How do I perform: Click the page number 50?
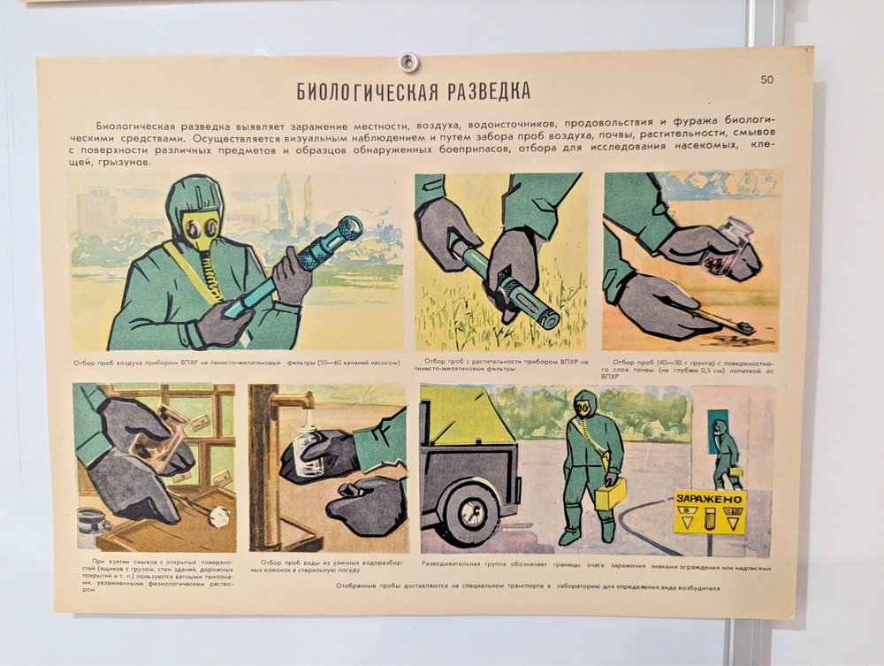pos(766,80)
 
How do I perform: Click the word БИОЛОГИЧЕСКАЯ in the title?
pos(358,91)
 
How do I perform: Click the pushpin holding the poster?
pos(408,62)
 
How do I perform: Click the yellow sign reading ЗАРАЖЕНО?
pos(710,512)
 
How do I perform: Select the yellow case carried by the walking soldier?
pos(610,493)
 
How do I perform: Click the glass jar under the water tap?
pos(309,450)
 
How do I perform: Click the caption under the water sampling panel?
pos(329,566)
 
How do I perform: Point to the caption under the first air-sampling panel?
pos(237,363)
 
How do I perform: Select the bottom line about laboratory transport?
pos(522,586)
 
